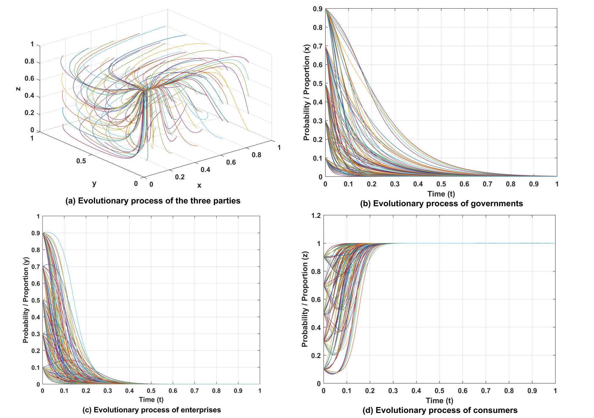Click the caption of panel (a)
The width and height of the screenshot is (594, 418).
coord(153,201)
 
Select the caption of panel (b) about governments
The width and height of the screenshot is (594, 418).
coord(441,204)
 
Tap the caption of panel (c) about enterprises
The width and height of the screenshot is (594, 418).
coord(151,410)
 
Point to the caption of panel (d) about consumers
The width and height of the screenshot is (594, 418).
coord(440,410)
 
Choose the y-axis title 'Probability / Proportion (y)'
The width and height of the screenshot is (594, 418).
coord(26,300)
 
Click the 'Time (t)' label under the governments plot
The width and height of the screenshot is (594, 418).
coord(441,194)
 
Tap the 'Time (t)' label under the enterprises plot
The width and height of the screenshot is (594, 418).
coord(151,400)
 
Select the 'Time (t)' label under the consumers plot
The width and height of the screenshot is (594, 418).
coord(440,401)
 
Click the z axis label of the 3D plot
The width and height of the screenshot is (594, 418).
coord(19,88)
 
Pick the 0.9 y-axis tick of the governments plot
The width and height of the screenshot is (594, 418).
coord(317,9)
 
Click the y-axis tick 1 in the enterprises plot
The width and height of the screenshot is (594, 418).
coord(38,216)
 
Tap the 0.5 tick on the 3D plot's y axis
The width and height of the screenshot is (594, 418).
coord(81,161)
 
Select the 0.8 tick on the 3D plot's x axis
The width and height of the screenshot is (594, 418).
coord(257,155)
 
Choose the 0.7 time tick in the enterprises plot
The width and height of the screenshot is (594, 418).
coord(195,391)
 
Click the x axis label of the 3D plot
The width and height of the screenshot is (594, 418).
coord(199,186)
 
